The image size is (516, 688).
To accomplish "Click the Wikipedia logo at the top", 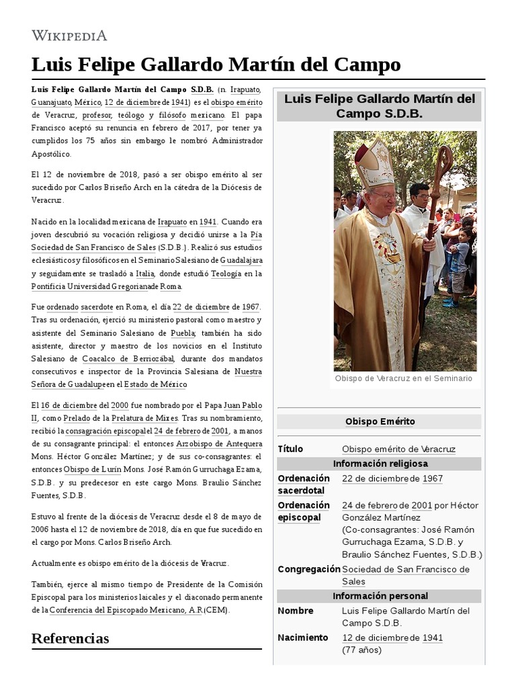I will [69, 36].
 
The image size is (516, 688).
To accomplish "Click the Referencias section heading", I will [70, 638].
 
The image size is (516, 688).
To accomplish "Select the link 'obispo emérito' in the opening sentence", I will [236, 102].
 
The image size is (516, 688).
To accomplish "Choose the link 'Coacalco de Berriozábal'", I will [128, 359].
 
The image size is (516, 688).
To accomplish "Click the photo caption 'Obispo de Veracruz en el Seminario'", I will [403, 378].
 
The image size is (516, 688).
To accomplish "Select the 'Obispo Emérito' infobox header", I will [380, 422].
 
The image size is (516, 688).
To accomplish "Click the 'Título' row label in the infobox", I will [290, 449].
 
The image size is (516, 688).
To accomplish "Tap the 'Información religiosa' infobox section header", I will [380, 464].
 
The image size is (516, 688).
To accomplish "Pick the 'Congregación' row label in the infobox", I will [309, 569].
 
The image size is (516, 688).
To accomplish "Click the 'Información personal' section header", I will [380, 596].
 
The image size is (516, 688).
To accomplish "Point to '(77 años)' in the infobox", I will [361, 650].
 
